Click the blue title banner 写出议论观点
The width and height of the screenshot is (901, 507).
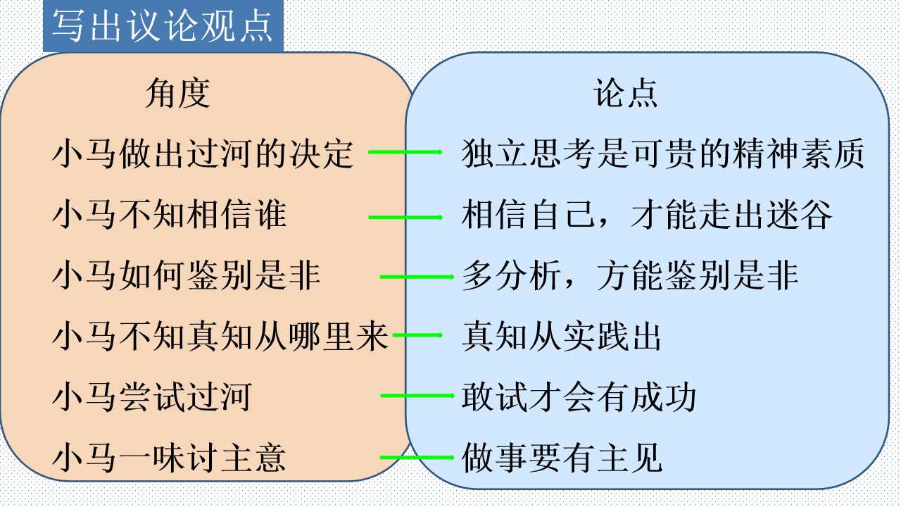[x=163, y=26]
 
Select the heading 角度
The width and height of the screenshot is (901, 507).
[x=178, y=94]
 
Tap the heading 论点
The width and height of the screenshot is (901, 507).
[x=626, y=93]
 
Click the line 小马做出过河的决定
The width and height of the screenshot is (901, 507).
[x=203, y=154]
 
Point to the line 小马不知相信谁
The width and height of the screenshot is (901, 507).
[x=170, y=214]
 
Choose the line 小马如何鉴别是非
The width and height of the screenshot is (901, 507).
[x=187, y=275]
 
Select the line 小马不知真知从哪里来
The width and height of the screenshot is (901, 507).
[x=220, y=336]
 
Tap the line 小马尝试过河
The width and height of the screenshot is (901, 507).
[x=153, y=396]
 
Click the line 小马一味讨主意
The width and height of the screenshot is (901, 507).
[x=170, y=458]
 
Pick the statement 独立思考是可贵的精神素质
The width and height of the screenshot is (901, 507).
[x=663, y=154]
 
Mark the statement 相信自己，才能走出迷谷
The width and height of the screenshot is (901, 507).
[x=646, y=214]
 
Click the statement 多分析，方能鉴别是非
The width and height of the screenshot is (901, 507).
[x=630, y=275]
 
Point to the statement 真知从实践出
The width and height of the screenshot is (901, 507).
[x=562, y=336]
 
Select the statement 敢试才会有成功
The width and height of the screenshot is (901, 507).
[x=579, y=396]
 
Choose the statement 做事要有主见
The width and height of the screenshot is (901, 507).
[x=562, y=458]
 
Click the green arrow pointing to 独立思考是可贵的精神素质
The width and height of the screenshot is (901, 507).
[x=405, y=151]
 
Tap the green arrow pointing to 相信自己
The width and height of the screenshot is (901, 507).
[x=405, y=218]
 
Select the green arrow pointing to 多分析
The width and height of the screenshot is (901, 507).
[x=417, y=277]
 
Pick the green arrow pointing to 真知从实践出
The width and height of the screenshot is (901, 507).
[x=417, y=334]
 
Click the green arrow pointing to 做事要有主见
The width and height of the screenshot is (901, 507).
[x=417, y=458]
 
